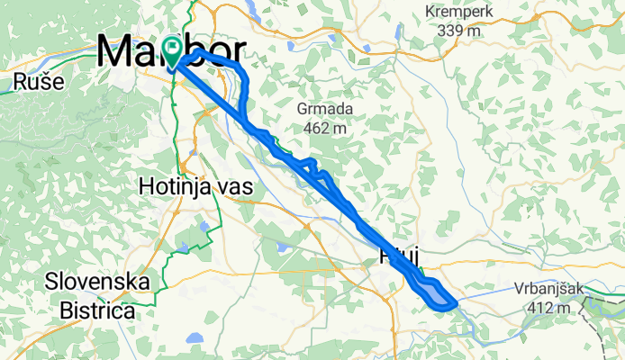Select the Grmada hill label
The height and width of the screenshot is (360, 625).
[324, 110]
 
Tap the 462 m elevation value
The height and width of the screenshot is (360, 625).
[324, 129]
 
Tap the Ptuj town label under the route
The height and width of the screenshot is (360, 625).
[403, 258]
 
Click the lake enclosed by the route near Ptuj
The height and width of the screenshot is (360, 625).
[434, 294]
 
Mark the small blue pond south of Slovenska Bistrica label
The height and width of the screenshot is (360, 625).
[194, 340]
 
